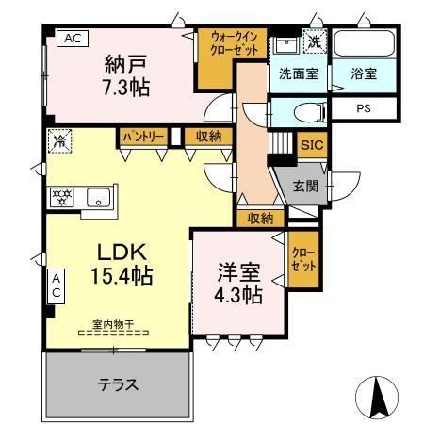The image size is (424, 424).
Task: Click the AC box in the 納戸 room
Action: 73,38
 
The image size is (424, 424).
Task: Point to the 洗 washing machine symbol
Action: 312,43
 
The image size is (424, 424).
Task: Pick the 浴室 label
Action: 365,73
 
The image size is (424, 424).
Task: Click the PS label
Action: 364,108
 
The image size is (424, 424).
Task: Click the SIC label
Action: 310,146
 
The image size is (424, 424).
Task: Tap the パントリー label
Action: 143,138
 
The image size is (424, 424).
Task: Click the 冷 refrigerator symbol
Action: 58,141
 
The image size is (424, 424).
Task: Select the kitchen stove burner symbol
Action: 62,197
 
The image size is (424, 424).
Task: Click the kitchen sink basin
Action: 97,197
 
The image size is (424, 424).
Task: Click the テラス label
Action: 119,384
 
